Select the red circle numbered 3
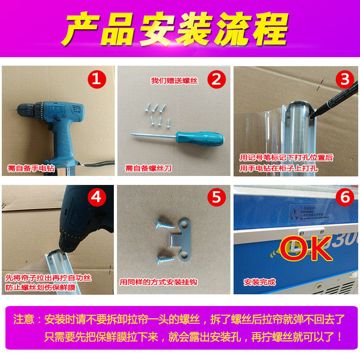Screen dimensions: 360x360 (345, 80)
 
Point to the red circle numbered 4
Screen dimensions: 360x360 (99, 197)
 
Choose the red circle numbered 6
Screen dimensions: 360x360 (345, 197)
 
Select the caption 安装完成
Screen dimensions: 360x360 (260, 283)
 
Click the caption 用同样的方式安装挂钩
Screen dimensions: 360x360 (159, 283)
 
